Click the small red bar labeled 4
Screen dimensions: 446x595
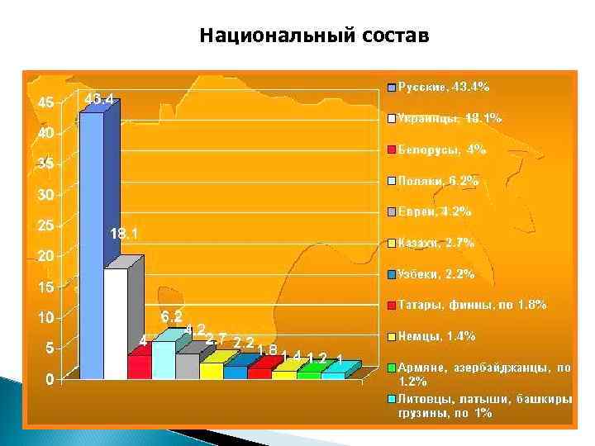(139, 367)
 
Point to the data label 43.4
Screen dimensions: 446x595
(99, 99)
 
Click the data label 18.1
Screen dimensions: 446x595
(124, 235)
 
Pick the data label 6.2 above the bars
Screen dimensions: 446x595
(171, 316)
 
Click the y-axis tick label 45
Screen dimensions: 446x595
(47, 103)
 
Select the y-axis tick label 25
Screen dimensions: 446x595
(47, 225)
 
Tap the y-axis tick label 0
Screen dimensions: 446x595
(50, 380)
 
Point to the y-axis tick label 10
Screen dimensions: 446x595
(47, 318)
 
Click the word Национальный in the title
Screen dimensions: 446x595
(264, 36)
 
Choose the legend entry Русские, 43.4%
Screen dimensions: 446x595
(444, 86)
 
